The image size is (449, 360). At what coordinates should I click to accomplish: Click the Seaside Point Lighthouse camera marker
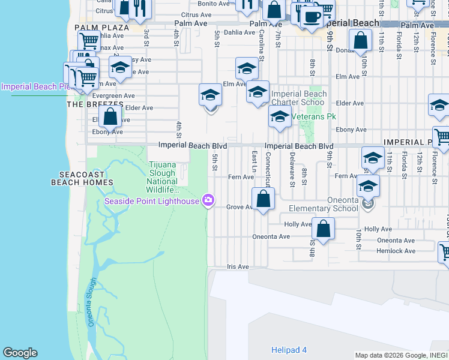[x=208, y=200]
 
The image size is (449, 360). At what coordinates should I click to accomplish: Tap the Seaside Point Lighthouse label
[x=151, y=201]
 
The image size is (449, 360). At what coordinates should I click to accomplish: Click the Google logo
[x=20, y=353]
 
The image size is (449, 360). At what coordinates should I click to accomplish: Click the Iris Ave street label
[x=238, y=266]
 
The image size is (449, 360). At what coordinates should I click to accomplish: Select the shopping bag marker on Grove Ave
[x=263, y=199]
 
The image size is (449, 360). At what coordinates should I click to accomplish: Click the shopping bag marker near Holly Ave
[x=323, y=229]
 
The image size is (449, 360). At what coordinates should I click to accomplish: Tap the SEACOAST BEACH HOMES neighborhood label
[x=83, y=177]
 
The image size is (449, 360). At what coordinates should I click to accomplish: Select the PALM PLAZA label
[x=101, y=28]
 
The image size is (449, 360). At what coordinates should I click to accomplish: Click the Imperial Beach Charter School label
[x=299, y=98]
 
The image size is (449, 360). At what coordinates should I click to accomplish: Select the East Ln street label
[x=254, y=160]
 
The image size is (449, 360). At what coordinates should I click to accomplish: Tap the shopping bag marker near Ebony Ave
[x=110, y=117]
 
